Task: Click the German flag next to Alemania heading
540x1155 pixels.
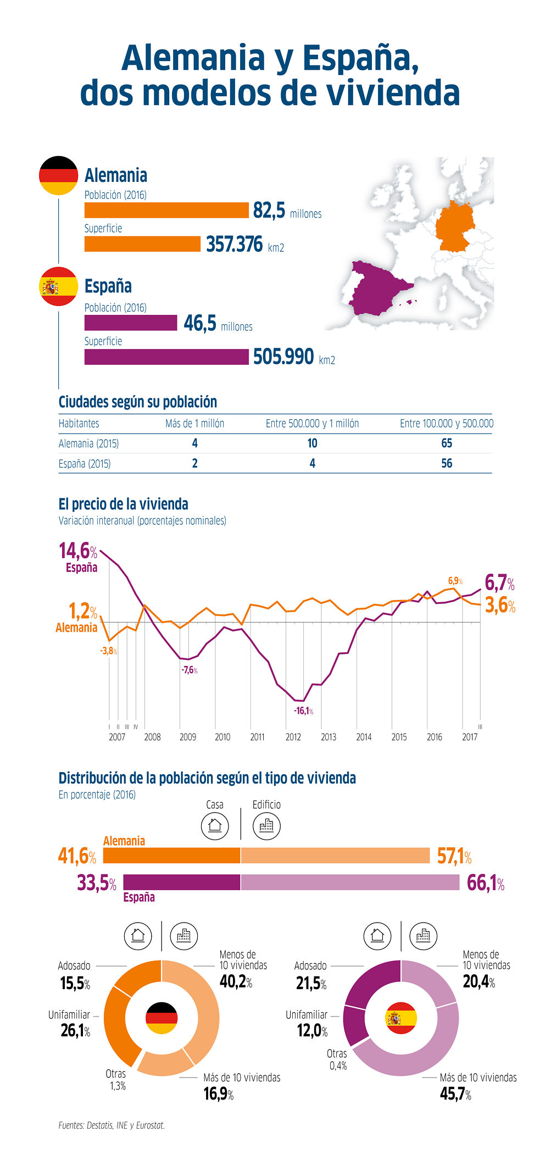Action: tap(58, 175)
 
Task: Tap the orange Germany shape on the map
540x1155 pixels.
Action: tap(455, 227)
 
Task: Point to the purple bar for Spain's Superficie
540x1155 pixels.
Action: tap(166, 357)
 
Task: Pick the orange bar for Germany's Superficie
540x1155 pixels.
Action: tap(142, 244)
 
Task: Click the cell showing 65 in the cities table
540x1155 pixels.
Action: tap(446, 443)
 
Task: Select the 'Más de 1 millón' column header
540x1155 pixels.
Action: tap(194, 423)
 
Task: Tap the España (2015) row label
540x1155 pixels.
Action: tap(85, 463)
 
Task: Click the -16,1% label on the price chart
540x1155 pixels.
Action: tap(303, 710)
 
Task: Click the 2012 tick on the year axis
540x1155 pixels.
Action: tap(293, 737)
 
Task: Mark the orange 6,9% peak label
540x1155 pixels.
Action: tap(455, 581)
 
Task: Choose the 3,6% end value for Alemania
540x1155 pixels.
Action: tap(500, 606)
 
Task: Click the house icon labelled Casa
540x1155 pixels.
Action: tap(215, 825)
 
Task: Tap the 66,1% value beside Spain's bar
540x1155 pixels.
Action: tap(485, 882)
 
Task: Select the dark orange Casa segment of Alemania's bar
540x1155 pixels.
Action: tap(171, 856)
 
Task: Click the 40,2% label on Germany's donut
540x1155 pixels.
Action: tap(236, 981)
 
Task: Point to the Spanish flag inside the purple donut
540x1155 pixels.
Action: tap(401, 1018)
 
